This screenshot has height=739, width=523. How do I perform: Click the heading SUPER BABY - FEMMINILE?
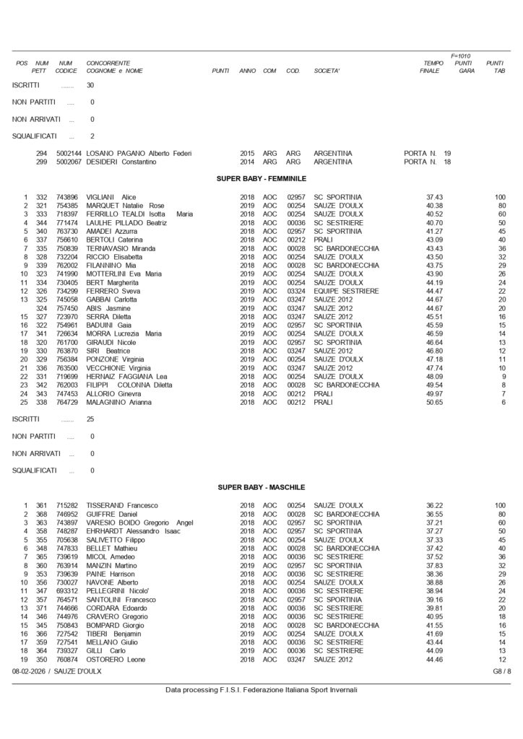[x=261, y=178]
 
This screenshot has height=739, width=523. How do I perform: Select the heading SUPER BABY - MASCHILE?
[x=261, y=488]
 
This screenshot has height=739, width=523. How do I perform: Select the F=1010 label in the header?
[x=460, y=56]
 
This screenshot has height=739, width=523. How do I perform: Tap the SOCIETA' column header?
[x=327, y=71]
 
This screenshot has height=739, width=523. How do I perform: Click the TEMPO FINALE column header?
[x=432, y=67]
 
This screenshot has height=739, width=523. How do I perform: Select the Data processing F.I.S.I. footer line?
[x=261, y=690]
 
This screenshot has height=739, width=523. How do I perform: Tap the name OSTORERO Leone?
[x=113, y=660]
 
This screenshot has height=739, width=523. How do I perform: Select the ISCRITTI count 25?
[x=90, y=419]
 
